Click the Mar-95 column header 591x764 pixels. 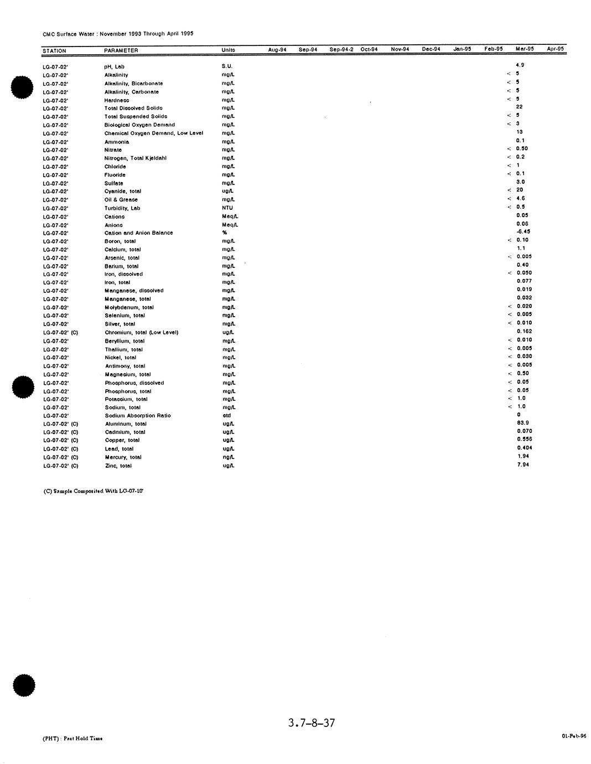[524, 49]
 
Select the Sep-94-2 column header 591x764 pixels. [341, 49]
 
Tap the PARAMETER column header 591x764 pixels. [121, 50]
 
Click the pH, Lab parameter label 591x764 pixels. [114, 66]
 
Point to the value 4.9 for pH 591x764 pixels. [520, 65]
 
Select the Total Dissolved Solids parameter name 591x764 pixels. [133, 108]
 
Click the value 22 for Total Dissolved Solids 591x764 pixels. [519, 107]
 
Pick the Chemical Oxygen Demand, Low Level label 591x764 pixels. [153, 133]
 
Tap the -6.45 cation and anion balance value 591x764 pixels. [523, 231]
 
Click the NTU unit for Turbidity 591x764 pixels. [227, 208]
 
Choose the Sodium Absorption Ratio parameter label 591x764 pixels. [138, 416]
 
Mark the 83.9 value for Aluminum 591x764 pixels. [522, 422]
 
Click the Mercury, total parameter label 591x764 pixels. [123, 457]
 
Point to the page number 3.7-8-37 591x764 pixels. [312, 722]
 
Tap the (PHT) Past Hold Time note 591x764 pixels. [72, 738]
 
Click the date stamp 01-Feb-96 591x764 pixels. [573, 736]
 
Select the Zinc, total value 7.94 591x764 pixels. [522, 464]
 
